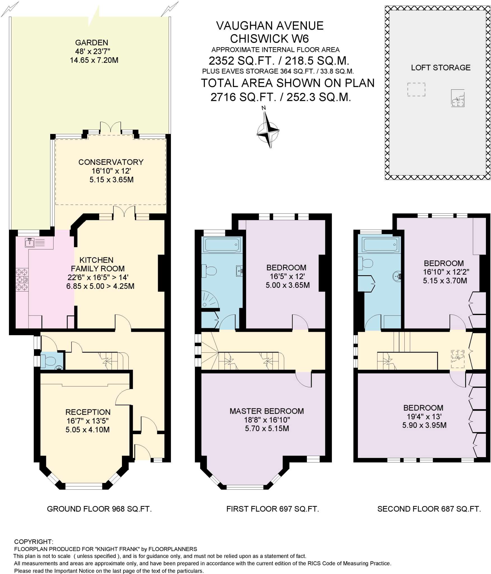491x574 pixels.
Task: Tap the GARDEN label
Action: pos(91,43)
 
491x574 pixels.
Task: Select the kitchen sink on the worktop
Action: pos(30,242)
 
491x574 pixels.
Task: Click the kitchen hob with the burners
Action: pos(22,279)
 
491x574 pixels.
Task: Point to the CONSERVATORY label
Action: pos(111,162)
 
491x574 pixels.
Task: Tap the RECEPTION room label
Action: pos(88,412)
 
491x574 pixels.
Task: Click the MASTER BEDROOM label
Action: pos(267,411)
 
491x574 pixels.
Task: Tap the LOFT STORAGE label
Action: pos(441,68)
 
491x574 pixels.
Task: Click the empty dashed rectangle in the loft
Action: pos(416,90)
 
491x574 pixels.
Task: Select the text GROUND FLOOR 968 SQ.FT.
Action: pos(99,509)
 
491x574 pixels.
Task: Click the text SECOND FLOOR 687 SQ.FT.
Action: pos(429,509)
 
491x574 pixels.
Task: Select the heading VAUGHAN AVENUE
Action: pos(270,26)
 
